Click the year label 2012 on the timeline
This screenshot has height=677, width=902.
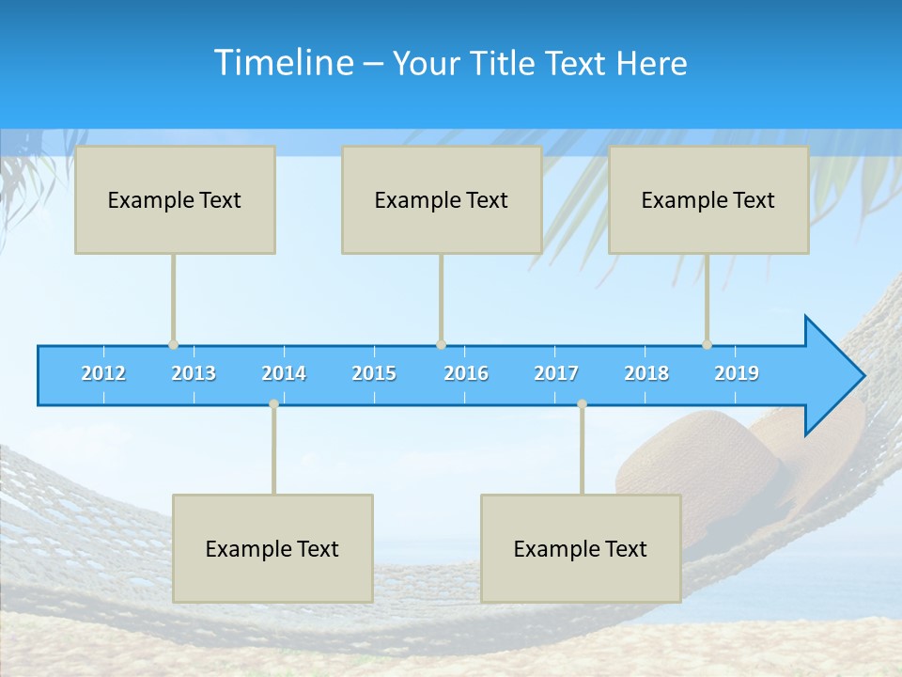tap(103, 373)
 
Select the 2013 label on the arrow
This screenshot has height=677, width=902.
tap(194, 373)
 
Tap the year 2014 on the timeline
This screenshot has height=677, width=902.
tap(284, 373)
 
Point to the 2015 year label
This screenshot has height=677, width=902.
tap(374, 373)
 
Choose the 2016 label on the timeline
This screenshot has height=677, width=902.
tap(466, 373)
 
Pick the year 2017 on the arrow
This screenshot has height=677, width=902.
tap(556, 373)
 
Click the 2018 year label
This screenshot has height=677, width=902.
tap(646, 373)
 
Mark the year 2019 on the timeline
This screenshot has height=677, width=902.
tap(737, 373)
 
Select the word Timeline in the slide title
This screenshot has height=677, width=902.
tap(283, 63)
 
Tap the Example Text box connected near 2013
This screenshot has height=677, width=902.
tap(175, 199)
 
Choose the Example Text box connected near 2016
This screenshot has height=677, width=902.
tap(442, 199)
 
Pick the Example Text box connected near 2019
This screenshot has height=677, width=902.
tap(708, 199)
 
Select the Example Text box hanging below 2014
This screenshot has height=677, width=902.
tap(272, 548)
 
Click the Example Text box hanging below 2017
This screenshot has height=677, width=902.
tap(581, 548)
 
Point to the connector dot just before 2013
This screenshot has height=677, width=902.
tap(173, 344)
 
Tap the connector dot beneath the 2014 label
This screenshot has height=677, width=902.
tap(273, 403)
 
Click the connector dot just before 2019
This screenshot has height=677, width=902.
tap(707, 344)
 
